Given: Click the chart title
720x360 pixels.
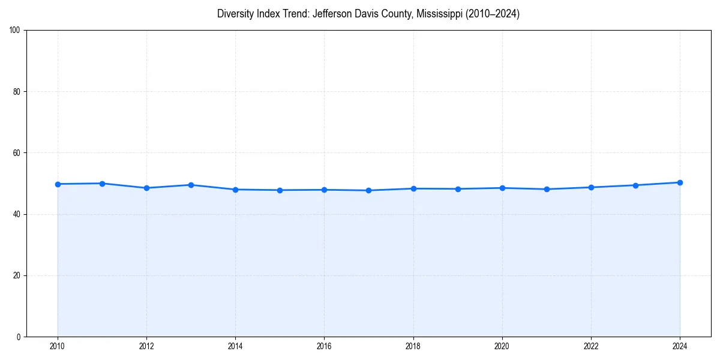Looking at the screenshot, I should pyautogui.click(x=368, y=14).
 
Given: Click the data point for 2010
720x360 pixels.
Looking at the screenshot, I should pyautogui.click(x=58, y=184).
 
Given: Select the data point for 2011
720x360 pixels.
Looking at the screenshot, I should pyautogui.click(x=102, y=184).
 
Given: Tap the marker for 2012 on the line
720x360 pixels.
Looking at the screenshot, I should pyautogui.click(x=146, y=188).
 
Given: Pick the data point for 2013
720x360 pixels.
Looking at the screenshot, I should pyautogui.click(x=191, y=185).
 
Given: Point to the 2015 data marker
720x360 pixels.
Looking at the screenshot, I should pyautogui.click(x=280, y=190).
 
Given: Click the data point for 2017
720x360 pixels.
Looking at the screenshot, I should pyautogui.click(x=368, y=190).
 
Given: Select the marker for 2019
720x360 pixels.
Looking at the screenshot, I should pyautogui.click(x=458, y=189).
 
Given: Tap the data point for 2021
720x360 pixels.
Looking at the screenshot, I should pyautogui.click(x=547, y=189).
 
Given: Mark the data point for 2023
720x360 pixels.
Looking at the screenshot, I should pyautogui.click(x=635, y=185).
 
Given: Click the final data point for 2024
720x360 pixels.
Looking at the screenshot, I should pyautogui.click(x=680, y=182).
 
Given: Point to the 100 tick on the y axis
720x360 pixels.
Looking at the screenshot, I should pyautogui.click(x=16, y=31).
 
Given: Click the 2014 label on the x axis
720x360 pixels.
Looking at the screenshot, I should pyautogui.click(x=235, y=346).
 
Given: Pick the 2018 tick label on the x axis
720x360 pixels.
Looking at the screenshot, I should pyautogui.click(x=413, y=346).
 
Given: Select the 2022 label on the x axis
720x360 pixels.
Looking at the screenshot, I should pyautogui.click(x=591, y=346).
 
